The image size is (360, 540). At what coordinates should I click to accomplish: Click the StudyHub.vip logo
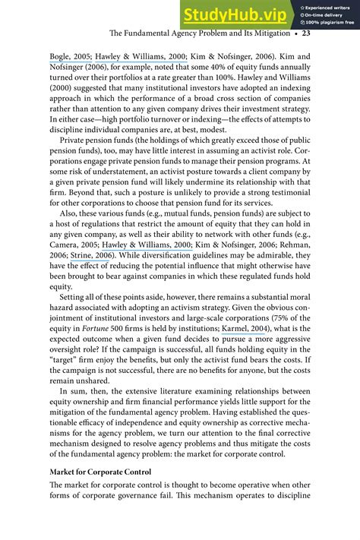(233, 14)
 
